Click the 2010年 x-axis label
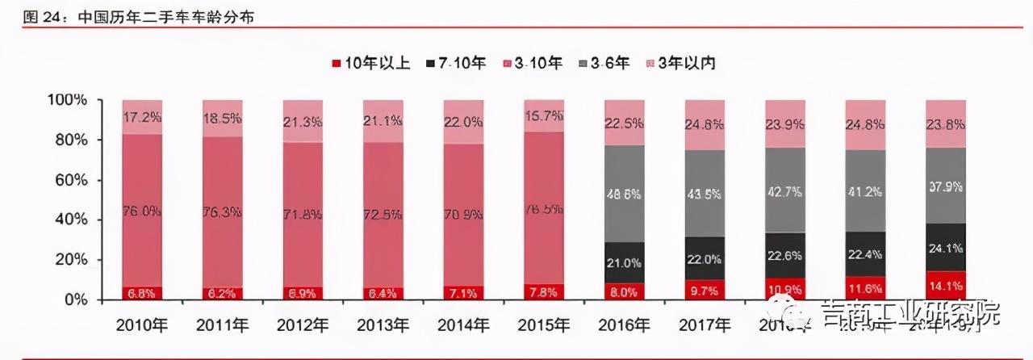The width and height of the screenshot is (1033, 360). click(x=142, y=326)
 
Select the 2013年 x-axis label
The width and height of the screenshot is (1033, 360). click(x=383, y=326)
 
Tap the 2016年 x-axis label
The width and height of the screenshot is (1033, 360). click(x=624, y=326)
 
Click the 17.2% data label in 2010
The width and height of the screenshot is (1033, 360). click(x=142, y=118)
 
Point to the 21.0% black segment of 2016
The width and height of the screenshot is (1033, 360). click(x=624, y=262)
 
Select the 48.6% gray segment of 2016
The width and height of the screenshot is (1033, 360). click(x=624, y=194)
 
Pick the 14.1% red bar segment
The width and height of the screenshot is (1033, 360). click(x=945, y=286)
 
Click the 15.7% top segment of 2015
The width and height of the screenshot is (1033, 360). click(x=544, y=116)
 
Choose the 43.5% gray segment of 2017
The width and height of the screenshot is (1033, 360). click(x=705, y=194)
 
